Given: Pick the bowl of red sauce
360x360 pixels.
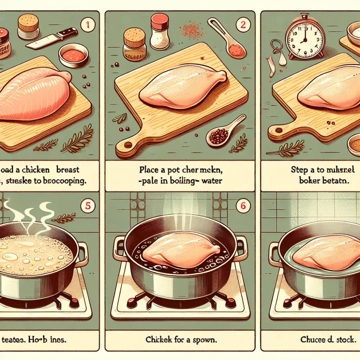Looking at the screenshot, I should pos(73,55).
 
